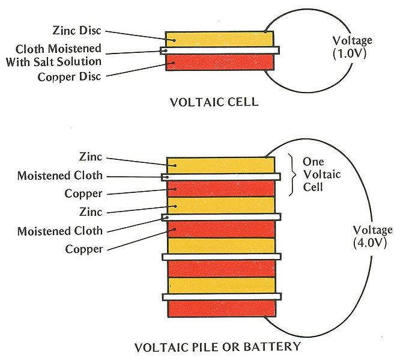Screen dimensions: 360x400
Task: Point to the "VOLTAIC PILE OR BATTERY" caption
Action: pos(217,347)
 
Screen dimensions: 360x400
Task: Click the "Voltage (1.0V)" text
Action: pos(353,46)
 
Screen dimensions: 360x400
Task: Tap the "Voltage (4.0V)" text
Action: pos(373,236)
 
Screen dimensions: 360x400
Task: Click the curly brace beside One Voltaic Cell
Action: pos(292,174)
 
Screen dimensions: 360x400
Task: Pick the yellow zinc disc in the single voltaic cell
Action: pos(220,39)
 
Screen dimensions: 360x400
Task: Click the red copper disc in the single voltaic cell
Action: pos(220,63)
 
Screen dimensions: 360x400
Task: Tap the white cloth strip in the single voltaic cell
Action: pos(220,50)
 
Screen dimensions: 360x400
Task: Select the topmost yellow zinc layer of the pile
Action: pos(220,165)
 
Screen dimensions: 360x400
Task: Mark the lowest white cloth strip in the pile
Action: pos(220,296)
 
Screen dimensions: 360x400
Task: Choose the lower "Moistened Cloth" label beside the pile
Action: pos(60,231)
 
